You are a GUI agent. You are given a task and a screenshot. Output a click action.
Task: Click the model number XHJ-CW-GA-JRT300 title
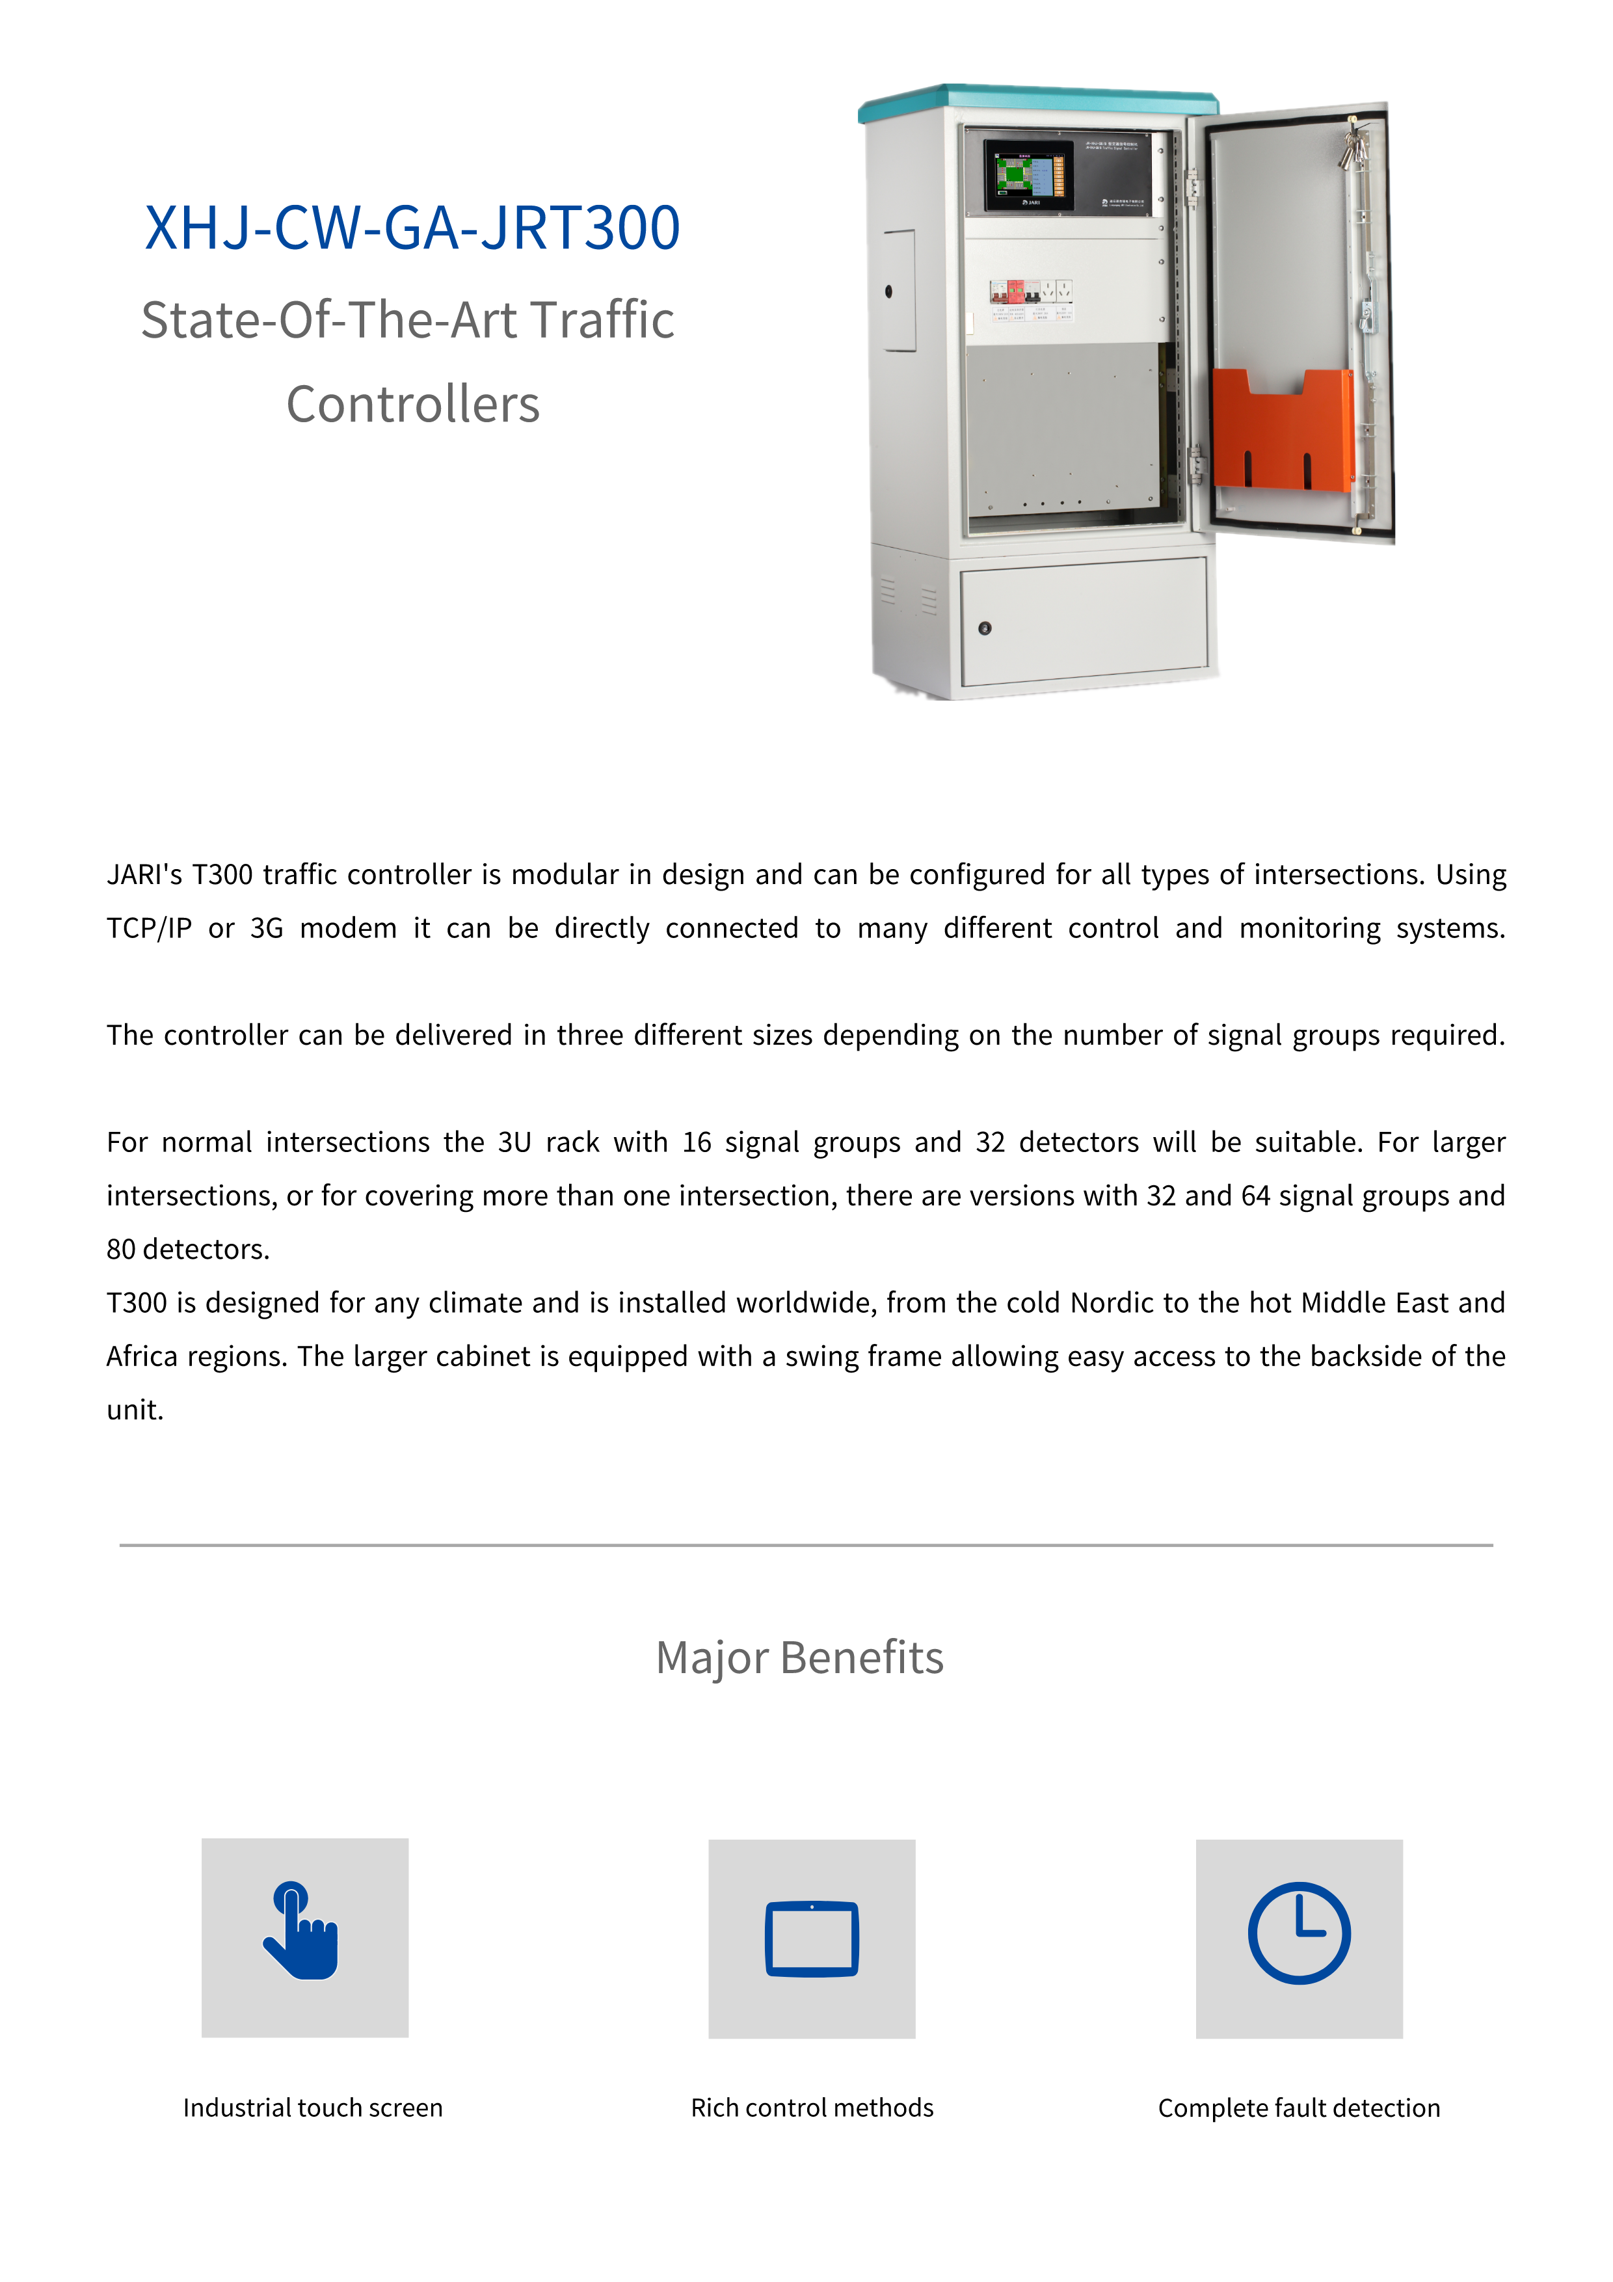click(x=412, y=228)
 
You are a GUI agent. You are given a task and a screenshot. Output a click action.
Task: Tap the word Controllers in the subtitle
click(x=412, y=405)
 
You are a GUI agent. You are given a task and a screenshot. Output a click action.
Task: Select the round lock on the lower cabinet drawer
click(x=984, y=628)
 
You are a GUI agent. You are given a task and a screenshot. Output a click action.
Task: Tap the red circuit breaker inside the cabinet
click(x=1016, y=291)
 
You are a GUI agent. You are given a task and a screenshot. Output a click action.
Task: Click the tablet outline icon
click(x=811, y=1938)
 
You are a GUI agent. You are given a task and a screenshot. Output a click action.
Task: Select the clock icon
click(x=1298, y=1933)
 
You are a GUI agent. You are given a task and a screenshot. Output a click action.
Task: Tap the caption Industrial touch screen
click(x=312, y=2108)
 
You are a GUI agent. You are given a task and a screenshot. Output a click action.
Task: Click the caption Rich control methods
click(x=812, y=2108)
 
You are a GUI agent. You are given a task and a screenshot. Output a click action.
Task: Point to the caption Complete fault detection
click(x=1298, y=2108)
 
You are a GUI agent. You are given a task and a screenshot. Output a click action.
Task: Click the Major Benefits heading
click(x=799, y=1658)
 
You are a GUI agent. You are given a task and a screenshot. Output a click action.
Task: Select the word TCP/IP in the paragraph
click(x=149, y=928)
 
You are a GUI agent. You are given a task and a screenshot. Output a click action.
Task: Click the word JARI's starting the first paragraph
click(x=144, y=875)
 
